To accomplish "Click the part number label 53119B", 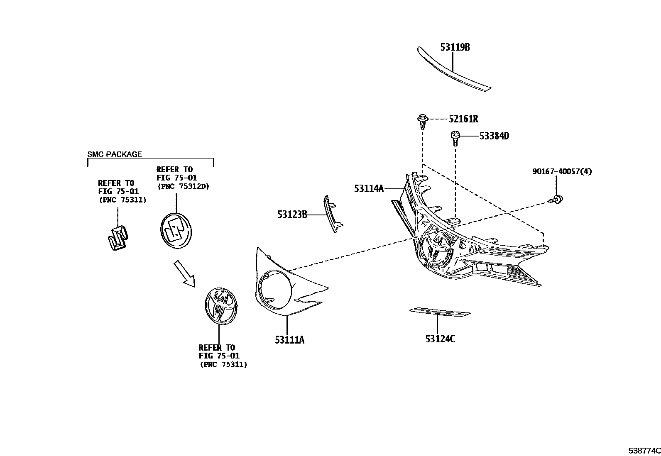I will [455, 47].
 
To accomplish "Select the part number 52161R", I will [463, 119].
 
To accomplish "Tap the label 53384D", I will [494, 136].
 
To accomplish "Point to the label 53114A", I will [369, 189].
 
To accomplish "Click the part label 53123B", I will [292, 215].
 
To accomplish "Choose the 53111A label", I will [289, 340].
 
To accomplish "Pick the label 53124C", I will [440, 339].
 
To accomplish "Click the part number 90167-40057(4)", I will [563, 171].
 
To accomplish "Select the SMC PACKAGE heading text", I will [115, 154].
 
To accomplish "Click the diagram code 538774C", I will [644, 450].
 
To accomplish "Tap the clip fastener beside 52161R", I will [422, 121].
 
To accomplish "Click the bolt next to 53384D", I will [455, 137].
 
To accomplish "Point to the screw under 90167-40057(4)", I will [557, 200].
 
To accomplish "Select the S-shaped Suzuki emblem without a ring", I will [118, 239].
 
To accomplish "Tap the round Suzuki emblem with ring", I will [176, 230].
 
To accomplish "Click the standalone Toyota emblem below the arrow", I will [221, 306].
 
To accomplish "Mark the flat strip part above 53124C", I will [440, 312].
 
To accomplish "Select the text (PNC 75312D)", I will [184, 186].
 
